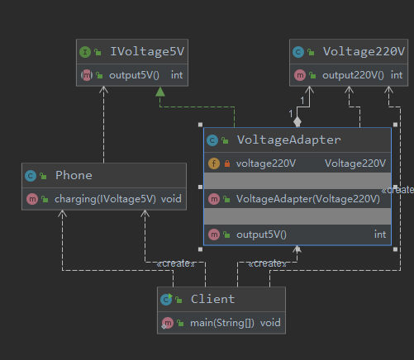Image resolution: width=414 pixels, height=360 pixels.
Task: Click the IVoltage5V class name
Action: pos(147,51)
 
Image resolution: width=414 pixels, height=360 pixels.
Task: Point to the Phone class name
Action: pos(74,175)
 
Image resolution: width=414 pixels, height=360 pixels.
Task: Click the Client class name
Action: pos(212,299)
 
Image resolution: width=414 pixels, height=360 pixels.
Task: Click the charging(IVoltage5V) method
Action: pos(105,199)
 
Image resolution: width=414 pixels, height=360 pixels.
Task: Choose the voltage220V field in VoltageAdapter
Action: pos(265,163)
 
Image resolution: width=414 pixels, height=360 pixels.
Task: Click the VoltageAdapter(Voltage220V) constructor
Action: pos(302,199)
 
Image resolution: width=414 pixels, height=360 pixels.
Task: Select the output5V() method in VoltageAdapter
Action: pos(261,234)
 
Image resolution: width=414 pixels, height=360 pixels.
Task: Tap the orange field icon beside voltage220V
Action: pos(213,163)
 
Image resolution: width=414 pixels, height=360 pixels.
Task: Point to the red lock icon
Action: pos(226,163)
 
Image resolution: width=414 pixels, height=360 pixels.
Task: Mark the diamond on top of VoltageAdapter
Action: pos(297,121)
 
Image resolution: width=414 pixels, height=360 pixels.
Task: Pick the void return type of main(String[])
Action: pos(270,322)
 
